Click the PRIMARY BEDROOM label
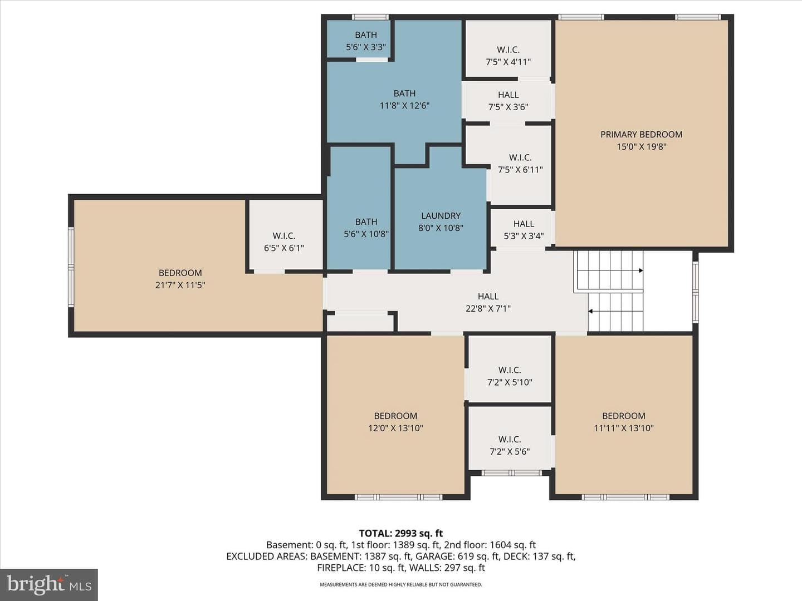pyautogui.click(x=641, y=134)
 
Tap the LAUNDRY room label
pyautogui.click(x=441, y=216)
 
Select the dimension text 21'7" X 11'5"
pyautogui.click(x=180, y=285)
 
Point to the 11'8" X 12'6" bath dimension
pyautogui.click(x=404, y=106)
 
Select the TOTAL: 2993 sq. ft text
pyautogui.click(x=401, y=534)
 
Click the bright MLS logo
pyautogui.click(x=49, y=584)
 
